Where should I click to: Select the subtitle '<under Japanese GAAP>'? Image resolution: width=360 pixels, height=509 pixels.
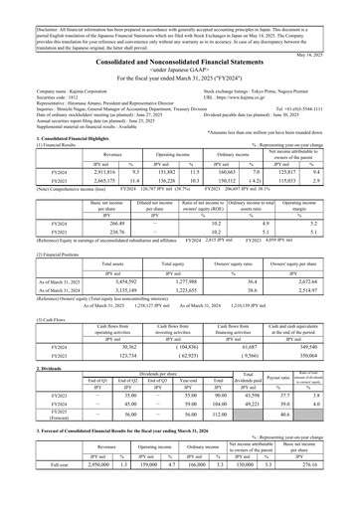coord(180,77)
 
